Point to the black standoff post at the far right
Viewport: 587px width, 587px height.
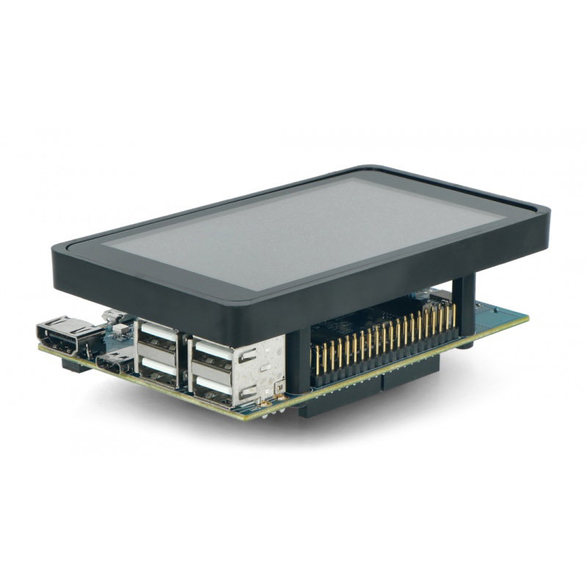(464, 308)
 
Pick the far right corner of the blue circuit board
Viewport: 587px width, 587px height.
(526, 318)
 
